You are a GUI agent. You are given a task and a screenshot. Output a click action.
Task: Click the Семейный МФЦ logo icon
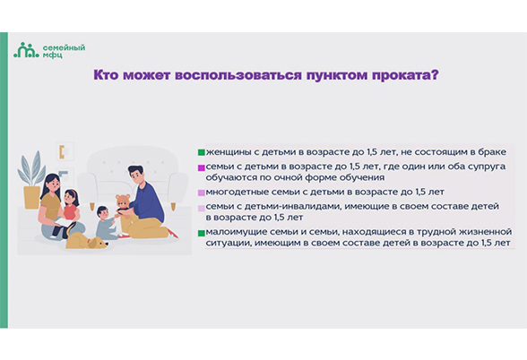(x=26, y=50)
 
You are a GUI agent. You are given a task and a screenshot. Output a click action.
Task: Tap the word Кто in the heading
(x=106, y=75)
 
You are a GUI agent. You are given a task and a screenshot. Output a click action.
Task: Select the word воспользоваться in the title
(x=238, y=75)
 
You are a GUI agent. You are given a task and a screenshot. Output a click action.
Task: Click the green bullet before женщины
(x=202, y=152)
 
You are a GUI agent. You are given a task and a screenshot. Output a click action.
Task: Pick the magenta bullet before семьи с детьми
(x=202, y=167)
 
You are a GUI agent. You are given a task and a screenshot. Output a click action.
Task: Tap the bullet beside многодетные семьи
(x=202, y=193)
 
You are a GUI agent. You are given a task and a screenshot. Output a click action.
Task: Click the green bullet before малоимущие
(x=202, y=233)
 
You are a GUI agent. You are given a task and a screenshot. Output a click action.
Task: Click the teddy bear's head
(x=124, y=201)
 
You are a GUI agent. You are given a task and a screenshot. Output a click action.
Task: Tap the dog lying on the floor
(x=86, y=241)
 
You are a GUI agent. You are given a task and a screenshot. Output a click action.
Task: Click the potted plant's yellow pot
(x=32, y=197)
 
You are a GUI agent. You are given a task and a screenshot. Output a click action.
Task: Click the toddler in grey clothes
(x=106, y=223)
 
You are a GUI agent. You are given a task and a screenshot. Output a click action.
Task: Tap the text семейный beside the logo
(x=64, y=47)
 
